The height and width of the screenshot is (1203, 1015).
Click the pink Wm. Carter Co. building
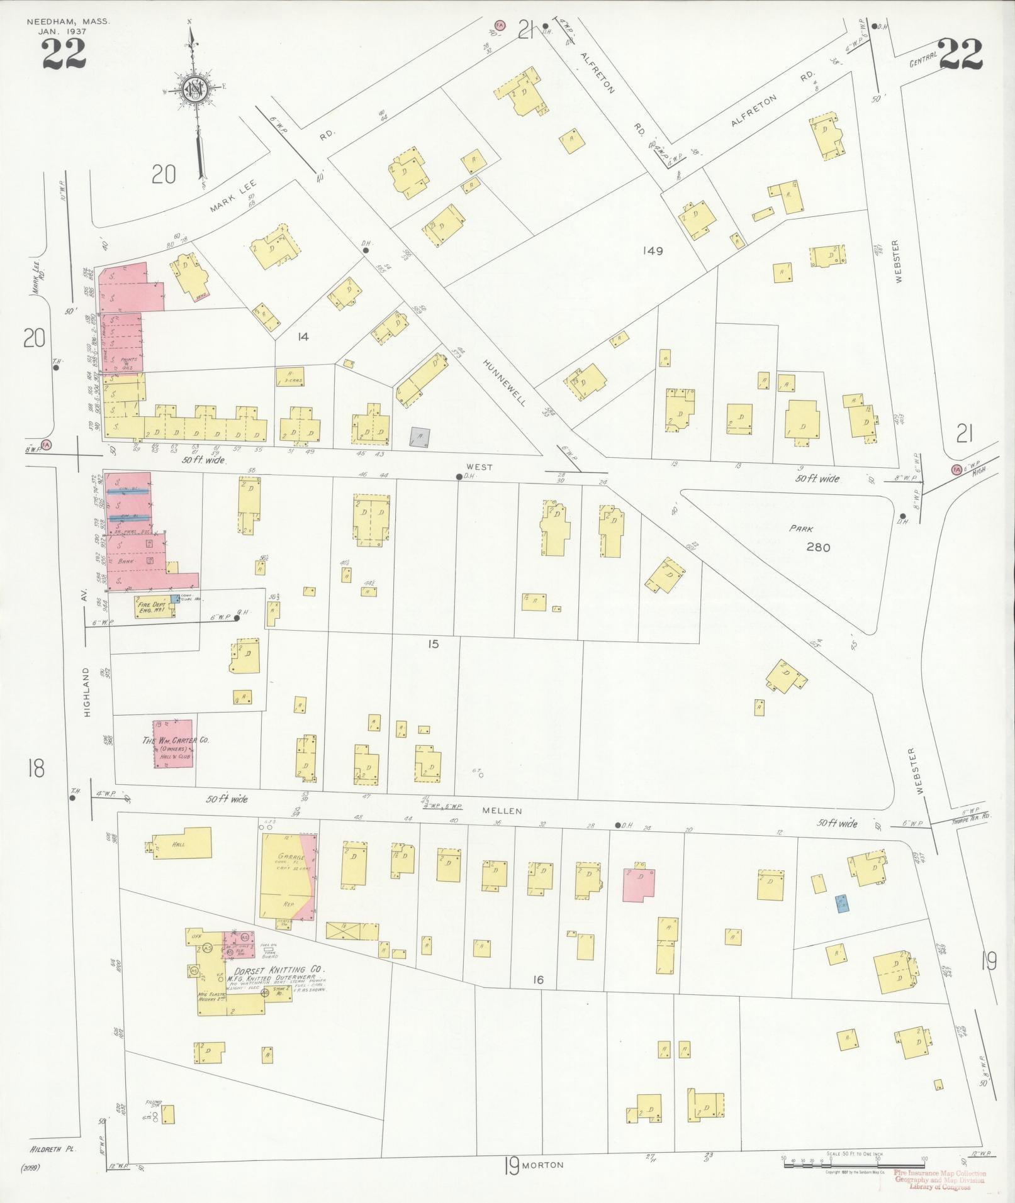tap(173, 744)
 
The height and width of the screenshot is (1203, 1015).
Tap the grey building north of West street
tap(420, 438)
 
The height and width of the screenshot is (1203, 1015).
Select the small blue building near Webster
tap(841, 904)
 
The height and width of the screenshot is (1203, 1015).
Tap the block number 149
tap(653, 251)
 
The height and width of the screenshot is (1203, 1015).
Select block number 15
tap(433, 644)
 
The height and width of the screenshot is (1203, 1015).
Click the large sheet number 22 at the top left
tap(64, 53)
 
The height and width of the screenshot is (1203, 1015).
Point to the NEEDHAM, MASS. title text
tap(68, 21)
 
